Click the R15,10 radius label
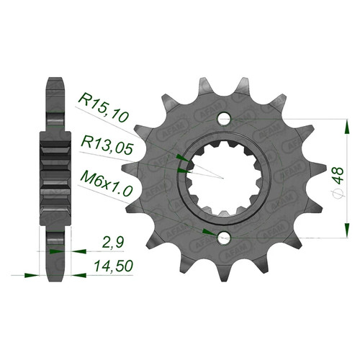tap(104, 108)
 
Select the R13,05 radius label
tap(107, 145)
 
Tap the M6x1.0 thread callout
tap(107, 184)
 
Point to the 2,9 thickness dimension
tap(113, 243)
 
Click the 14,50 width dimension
tap(114, 266)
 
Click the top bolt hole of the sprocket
tap(224, 119)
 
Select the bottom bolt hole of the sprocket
tap(224, 238)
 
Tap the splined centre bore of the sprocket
tap(224, 178)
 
